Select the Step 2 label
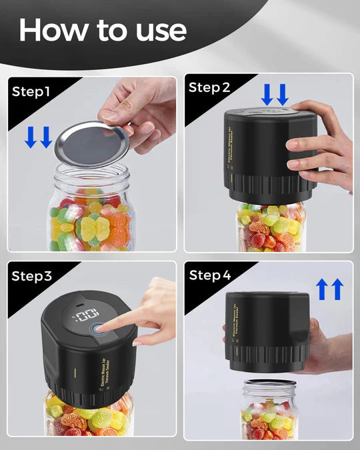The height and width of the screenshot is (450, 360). pos(209,87)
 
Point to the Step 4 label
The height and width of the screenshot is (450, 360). pos(211,275)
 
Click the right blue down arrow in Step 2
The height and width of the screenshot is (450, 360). pos(283,95)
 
